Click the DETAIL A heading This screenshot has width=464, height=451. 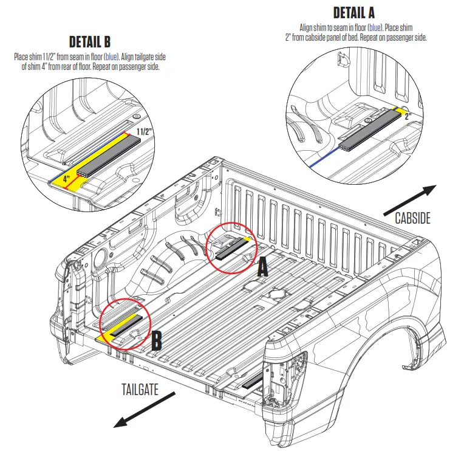[x=354, y=12]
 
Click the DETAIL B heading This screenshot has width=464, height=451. [x=89, y=42]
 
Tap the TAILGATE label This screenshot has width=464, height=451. [x=140, y=390]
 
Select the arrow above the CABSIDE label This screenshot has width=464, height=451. [x=410, y=199]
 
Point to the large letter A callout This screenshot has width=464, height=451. [x=262, y=267]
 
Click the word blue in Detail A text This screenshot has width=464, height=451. [x=377, y=28]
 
